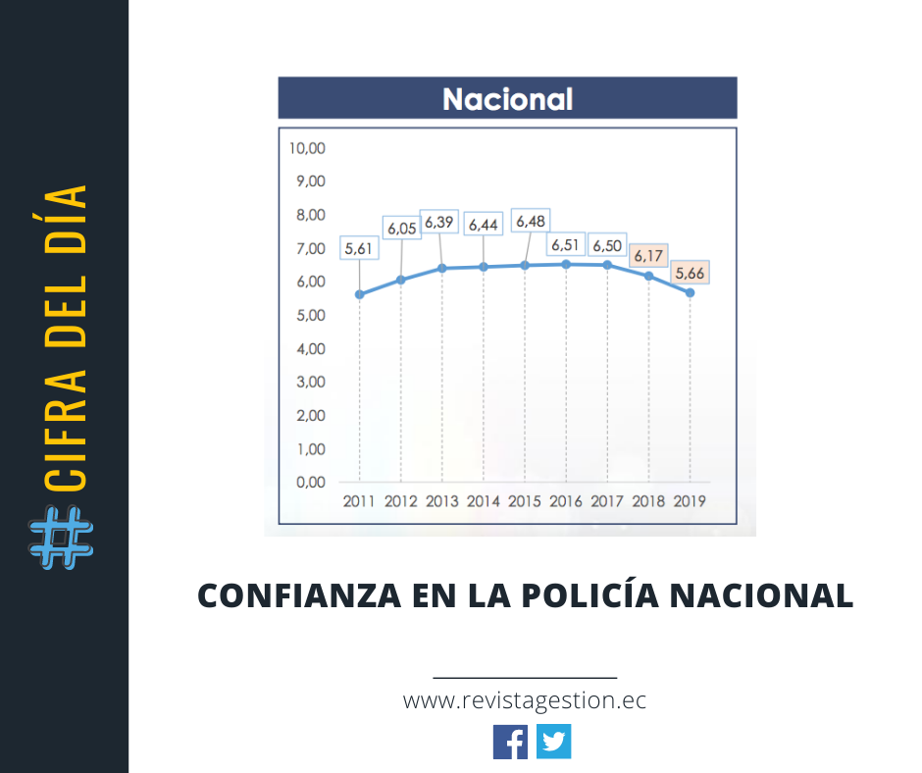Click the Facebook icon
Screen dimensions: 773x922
coord(510,742)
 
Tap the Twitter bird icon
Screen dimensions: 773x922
coord(554,742)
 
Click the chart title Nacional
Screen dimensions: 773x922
coord(507,99)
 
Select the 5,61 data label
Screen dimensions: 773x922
coord(359,249)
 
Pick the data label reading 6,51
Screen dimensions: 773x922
coord(566,244)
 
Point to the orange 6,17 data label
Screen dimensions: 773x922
coord(648,256)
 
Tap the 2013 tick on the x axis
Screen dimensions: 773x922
coord(442,501)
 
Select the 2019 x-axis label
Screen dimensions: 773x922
coord(690,501)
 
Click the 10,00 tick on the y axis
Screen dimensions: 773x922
coord(307,148)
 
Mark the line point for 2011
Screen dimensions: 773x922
coord(359,294)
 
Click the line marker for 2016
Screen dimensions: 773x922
coord(566,264)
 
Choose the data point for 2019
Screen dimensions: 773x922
coord(690,292)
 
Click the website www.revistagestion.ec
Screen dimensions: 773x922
coord(525,701)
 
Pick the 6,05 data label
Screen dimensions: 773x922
coord(401,228)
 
